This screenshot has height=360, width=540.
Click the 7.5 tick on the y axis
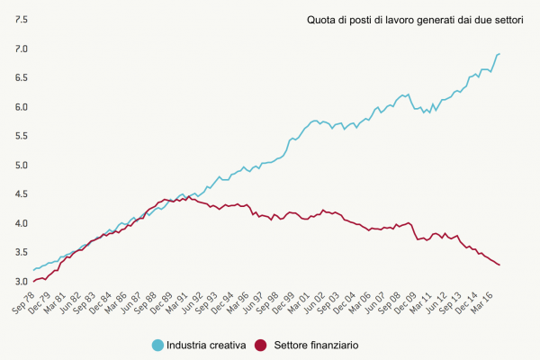click(x=21, y=19)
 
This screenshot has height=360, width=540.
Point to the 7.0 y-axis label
click(x=21, y=49)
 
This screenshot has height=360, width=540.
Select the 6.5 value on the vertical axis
click(x=21, y=77)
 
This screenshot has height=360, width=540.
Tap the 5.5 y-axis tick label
click(x=21, y=136)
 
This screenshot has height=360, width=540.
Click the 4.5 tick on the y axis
click(x=21, y=194)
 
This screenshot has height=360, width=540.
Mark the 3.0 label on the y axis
click(x=21, y=282)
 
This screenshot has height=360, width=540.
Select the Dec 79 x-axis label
click(x=40, y=303)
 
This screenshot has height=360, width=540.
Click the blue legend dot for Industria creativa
click(x=158, y=345)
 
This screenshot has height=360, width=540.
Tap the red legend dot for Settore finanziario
click(x=261, y=345)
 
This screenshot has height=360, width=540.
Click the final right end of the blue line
click(x=500, y=54)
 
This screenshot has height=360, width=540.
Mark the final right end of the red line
click(x=500, y=265)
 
